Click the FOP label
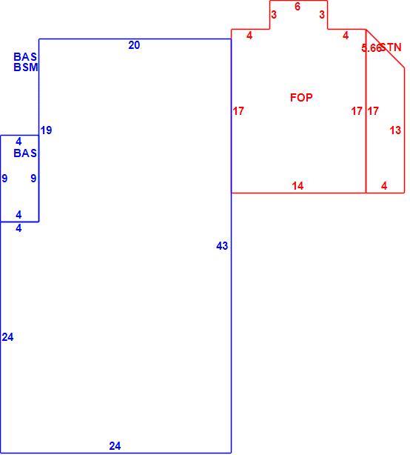(301, 97)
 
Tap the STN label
(391, 47)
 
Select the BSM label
(26, 67)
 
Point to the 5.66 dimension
(371, 48)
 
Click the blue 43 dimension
(222, 246)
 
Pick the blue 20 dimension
(134, 45)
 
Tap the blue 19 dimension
(46, 130)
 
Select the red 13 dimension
(395, 130)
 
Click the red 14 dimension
(298, 186)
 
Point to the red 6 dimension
(298, 7)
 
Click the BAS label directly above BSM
(25, 56)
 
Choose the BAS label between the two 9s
(25, 153)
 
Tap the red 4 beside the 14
(384, 186)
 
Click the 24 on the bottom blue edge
(115, 445)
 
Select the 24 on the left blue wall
(7, 337)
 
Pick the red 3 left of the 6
(274, 14)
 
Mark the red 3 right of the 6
(322, 14)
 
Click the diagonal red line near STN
(385, 49)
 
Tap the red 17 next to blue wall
(238, 111)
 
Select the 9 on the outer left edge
(4, 178)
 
